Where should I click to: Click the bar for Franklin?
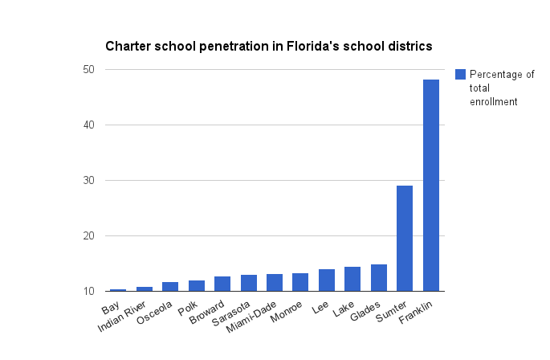(x=431, y=185)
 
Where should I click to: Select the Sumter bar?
(x=405, y=238)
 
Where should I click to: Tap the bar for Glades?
(x=379, y=278)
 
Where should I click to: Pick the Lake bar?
(x=352, y=279)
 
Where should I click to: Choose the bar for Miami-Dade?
(x=275, y=283)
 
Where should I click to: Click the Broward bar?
(x=222, y=284)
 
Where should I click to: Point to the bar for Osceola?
(x=170, y=287)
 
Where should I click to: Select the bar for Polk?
(x=196, y=286)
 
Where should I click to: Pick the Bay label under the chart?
(x=111, y=309)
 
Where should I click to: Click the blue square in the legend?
(x=460, y=75)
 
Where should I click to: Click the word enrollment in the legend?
(x=493, y=102)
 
